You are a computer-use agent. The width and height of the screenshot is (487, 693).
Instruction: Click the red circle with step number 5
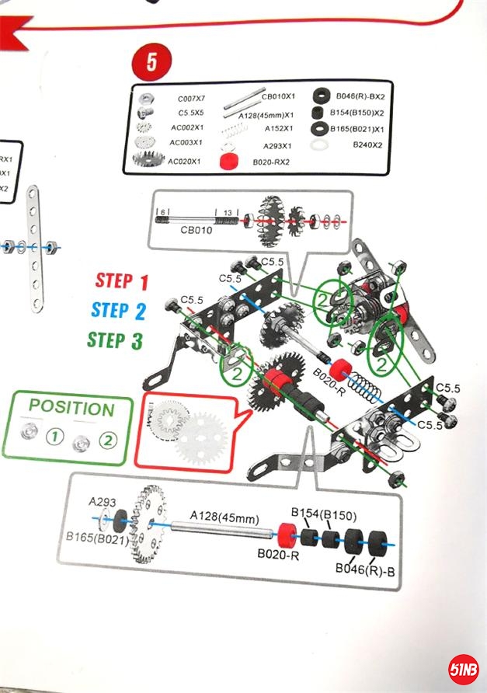tap(150, 63)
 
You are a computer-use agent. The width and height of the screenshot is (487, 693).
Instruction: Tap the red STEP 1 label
tap(121, 281)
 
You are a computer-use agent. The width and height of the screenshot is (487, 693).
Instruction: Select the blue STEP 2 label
tap(118, 310)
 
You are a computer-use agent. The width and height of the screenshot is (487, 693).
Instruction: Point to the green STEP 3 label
tap(115, 340)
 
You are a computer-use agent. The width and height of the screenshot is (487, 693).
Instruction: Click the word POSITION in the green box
tap(71, 407)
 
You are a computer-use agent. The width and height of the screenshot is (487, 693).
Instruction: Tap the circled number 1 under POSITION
tap(54, 438)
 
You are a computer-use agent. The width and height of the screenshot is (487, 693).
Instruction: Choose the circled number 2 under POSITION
tap(107, 440)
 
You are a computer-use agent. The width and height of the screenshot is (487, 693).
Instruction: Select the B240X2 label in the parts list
tap(367, 145)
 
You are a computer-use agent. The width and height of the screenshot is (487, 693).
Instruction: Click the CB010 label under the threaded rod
tap(196, 230)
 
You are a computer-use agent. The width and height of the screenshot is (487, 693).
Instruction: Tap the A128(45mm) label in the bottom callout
tap(221, 514)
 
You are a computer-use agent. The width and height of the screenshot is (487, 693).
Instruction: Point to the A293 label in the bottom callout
tap(102, 502)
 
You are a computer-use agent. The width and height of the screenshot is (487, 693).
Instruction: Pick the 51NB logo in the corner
tap(464, 669)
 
